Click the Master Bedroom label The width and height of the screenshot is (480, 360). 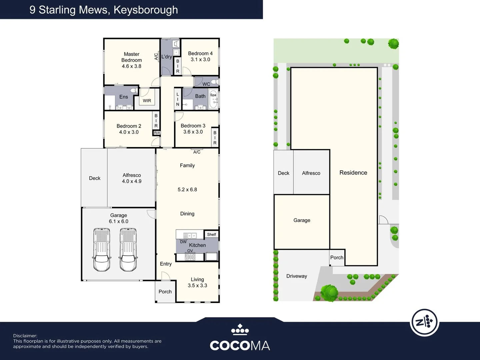click(x=132, y=57)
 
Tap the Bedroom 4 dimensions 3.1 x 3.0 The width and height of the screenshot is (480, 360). click(x=200, y=60)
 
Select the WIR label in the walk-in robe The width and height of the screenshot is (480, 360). click(x=147, y=101)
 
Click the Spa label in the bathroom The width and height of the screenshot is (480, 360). click(x=213, y=95)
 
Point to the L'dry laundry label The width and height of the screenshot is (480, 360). click(x=167, y=57)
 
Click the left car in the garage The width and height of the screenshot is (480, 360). click(x=102, y=249)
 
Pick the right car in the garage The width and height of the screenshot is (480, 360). click(x=128, y=249)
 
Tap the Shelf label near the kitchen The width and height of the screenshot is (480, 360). click(x=211, y=235)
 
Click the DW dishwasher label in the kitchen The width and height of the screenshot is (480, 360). click(x=183, y=242)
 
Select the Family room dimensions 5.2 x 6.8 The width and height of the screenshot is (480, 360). click(x=187, y=190)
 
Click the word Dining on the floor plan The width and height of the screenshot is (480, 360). click(x=187, y=214)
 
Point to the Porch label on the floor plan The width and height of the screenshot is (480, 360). click(x=165, y=292)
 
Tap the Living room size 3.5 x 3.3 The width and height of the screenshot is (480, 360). click(x=197, y=286)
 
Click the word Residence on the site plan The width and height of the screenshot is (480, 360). click(x=353, y=173)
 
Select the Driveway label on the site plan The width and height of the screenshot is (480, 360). click(x=297, y=276)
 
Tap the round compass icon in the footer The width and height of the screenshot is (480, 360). click(x=424, y=322)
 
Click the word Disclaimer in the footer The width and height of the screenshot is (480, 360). click(x=25, y=336)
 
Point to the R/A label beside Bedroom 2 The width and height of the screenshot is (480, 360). click(x=157, y=133)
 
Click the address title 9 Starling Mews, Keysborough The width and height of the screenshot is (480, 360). click(x=104, y=10)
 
